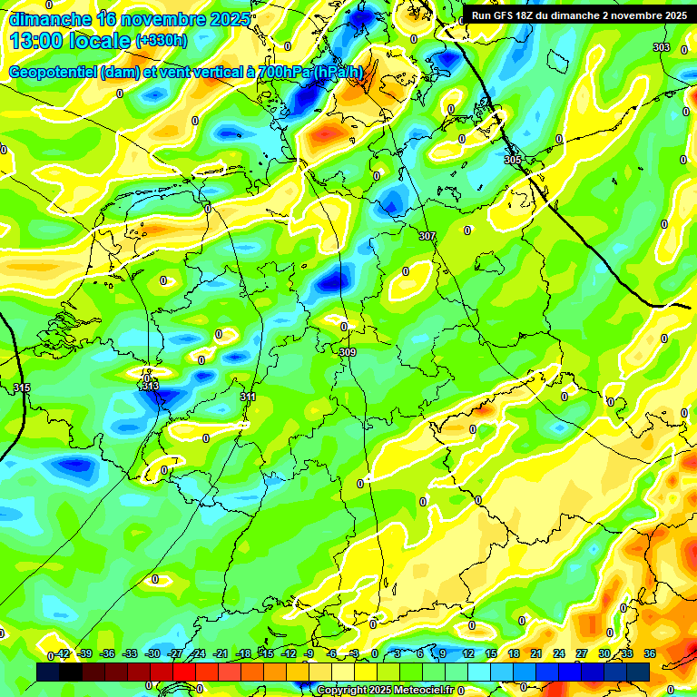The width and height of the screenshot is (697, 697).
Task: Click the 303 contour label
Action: click(x=662, y=47)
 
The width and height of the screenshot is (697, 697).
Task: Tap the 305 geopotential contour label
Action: click(x=513, y=160)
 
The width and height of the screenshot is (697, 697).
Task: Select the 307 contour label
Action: click(x=427, y=236)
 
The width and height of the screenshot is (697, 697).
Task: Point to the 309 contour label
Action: click(x=347, y=352)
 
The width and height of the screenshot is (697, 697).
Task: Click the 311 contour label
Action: click(x=248, y=397)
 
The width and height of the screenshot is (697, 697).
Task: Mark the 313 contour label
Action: click(x=151, y=387)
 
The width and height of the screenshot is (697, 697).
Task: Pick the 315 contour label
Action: click(x=22, y=388)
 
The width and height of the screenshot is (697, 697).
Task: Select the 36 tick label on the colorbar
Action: click(x=650, y=654)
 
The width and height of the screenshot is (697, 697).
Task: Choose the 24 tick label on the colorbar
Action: click(x=558, y=654)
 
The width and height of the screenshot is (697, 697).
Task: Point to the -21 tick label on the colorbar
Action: click(x=221, y=654)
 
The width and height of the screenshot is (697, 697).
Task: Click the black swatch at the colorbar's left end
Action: click(x=48, y=672)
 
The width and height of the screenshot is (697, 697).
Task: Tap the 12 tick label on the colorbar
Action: click(x=467, y=654)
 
